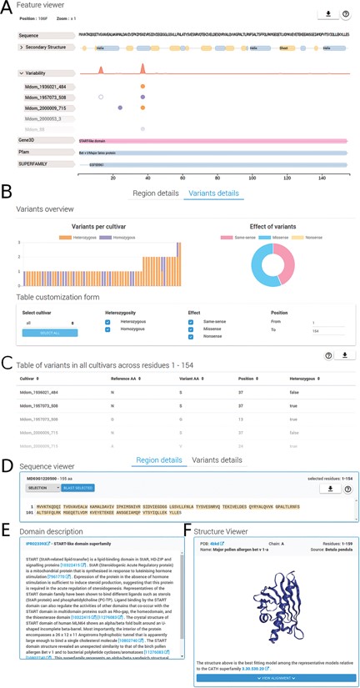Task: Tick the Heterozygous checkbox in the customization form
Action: (x=108, y=321)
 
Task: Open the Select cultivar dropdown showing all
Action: (x=51, y=322)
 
